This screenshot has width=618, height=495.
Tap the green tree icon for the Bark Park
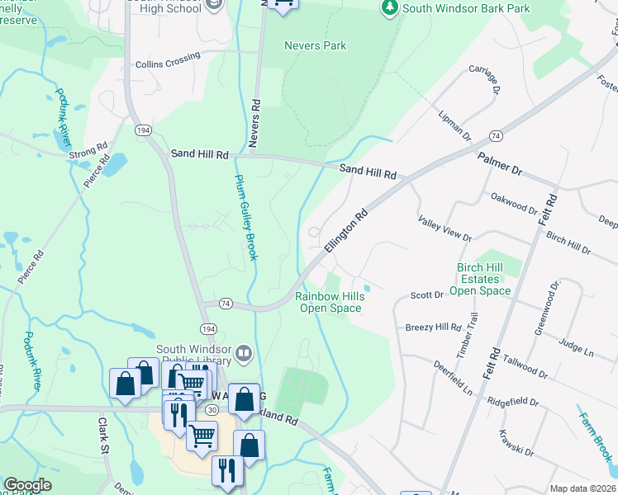(389, 7)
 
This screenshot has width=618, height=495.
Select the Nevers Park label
(315, 46)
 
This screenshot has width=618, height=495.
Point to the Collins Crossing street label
(168, 60)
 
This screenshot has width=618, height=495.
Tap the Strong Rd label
(88, 153)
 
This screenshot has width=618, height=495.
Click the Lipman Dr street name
(455, 125)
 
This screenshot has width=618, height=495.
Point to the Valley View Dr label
(444, 226)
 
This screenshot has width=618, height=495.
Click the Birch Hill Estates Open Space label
(485, 279)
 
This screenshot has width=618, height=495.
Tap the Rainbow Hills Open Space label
(330, 302)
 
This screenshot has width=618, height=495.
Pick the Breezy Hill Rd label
(433, 328)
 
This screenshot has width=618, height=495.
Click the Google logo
(27, 485)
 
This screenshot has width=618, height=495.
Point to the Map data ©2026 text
(582, 488)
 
